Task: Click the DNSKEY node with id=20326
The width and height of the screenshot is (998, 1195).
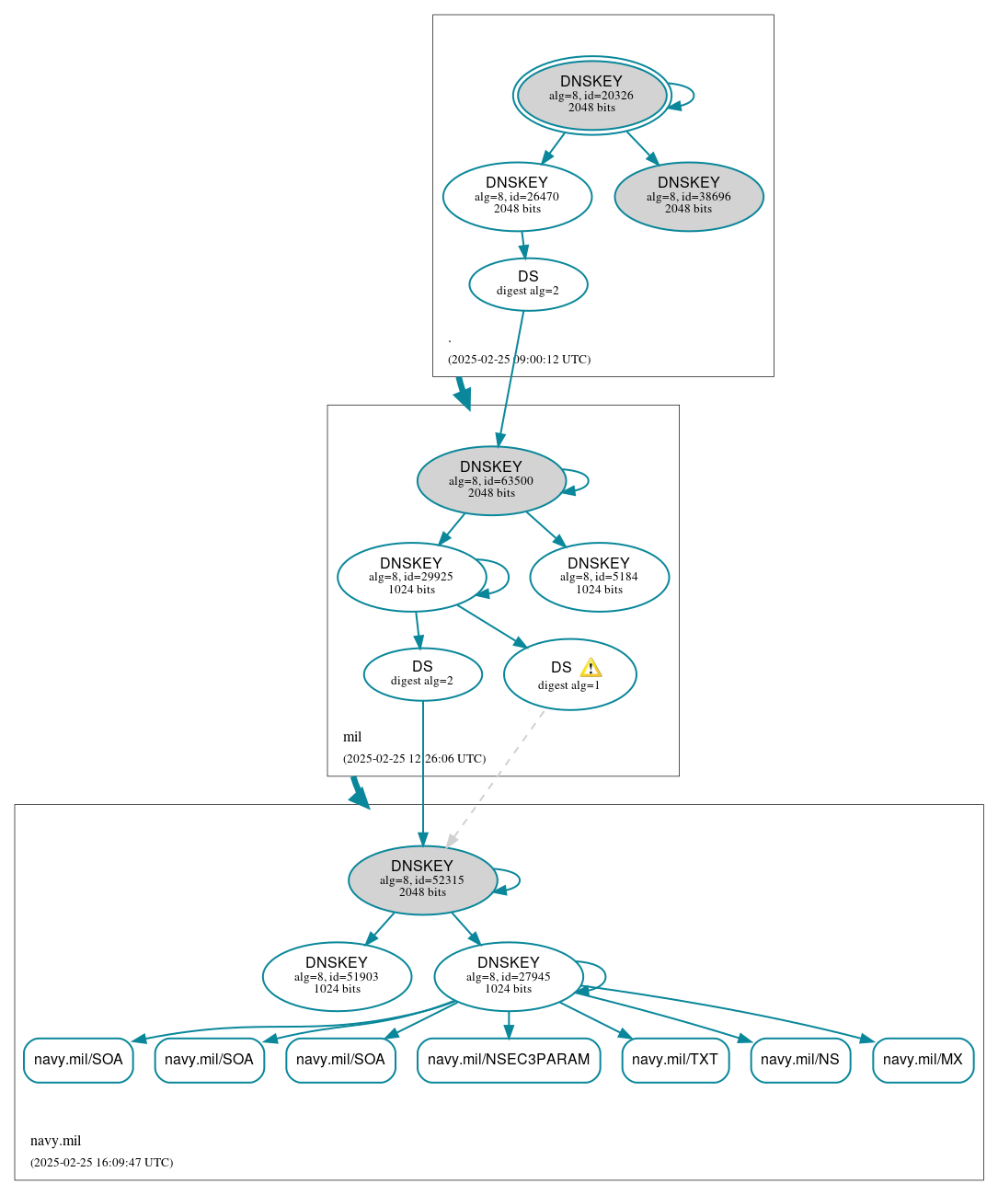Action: (x=591, y=95)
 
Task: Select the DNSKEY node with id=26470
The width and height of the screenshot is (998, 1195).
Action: (x=517, y=196)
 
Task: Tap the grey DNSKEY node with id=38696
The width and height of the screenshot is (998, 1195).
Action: (x=689, y=196)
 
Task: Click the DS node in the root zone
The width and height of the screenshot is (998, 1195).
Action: (x=528, y=284)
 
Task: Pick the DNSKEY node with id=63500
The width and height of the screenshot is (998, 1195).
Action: (x=491, y=480)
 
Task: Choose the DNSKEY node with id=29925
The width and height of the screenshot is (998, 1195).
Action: (x=411, y=577)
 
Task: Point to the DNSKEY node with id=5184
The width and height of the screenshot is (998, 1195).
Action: (x=599, y=577)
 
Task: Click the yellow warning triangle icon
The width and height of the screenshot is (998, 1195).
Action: (x=591, y=668)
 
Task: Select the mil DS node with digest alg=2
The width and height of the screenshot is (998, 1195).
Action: (x=422, y=674)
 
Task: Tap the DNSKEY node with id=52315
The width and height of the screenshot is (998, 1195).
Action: (x=422, y=880)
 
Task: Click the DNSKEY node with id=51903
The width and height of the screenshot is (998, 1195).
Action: (x=337, y=976)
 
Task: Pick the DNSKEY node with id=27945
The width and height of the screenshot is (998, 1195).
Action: (x=509, y=976)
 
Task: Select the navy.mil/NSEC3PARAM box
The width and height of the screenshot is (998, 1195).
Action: (x=509, y=1060)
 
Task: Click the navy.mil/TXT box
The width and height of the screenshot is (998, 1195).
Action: (x=675, y=1060)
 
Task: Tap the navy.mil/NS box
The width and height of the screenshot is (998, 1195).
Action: (x=800, y=1060)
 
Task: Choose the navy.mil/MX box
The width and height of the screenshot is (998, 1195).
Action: (x=923, y=1060)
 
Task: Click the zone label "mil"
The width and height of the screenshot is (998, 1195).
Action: (x=352, y=737)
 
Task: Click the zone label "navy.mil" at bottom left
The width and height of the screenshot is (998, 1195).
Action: (x=56, y=1141)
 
